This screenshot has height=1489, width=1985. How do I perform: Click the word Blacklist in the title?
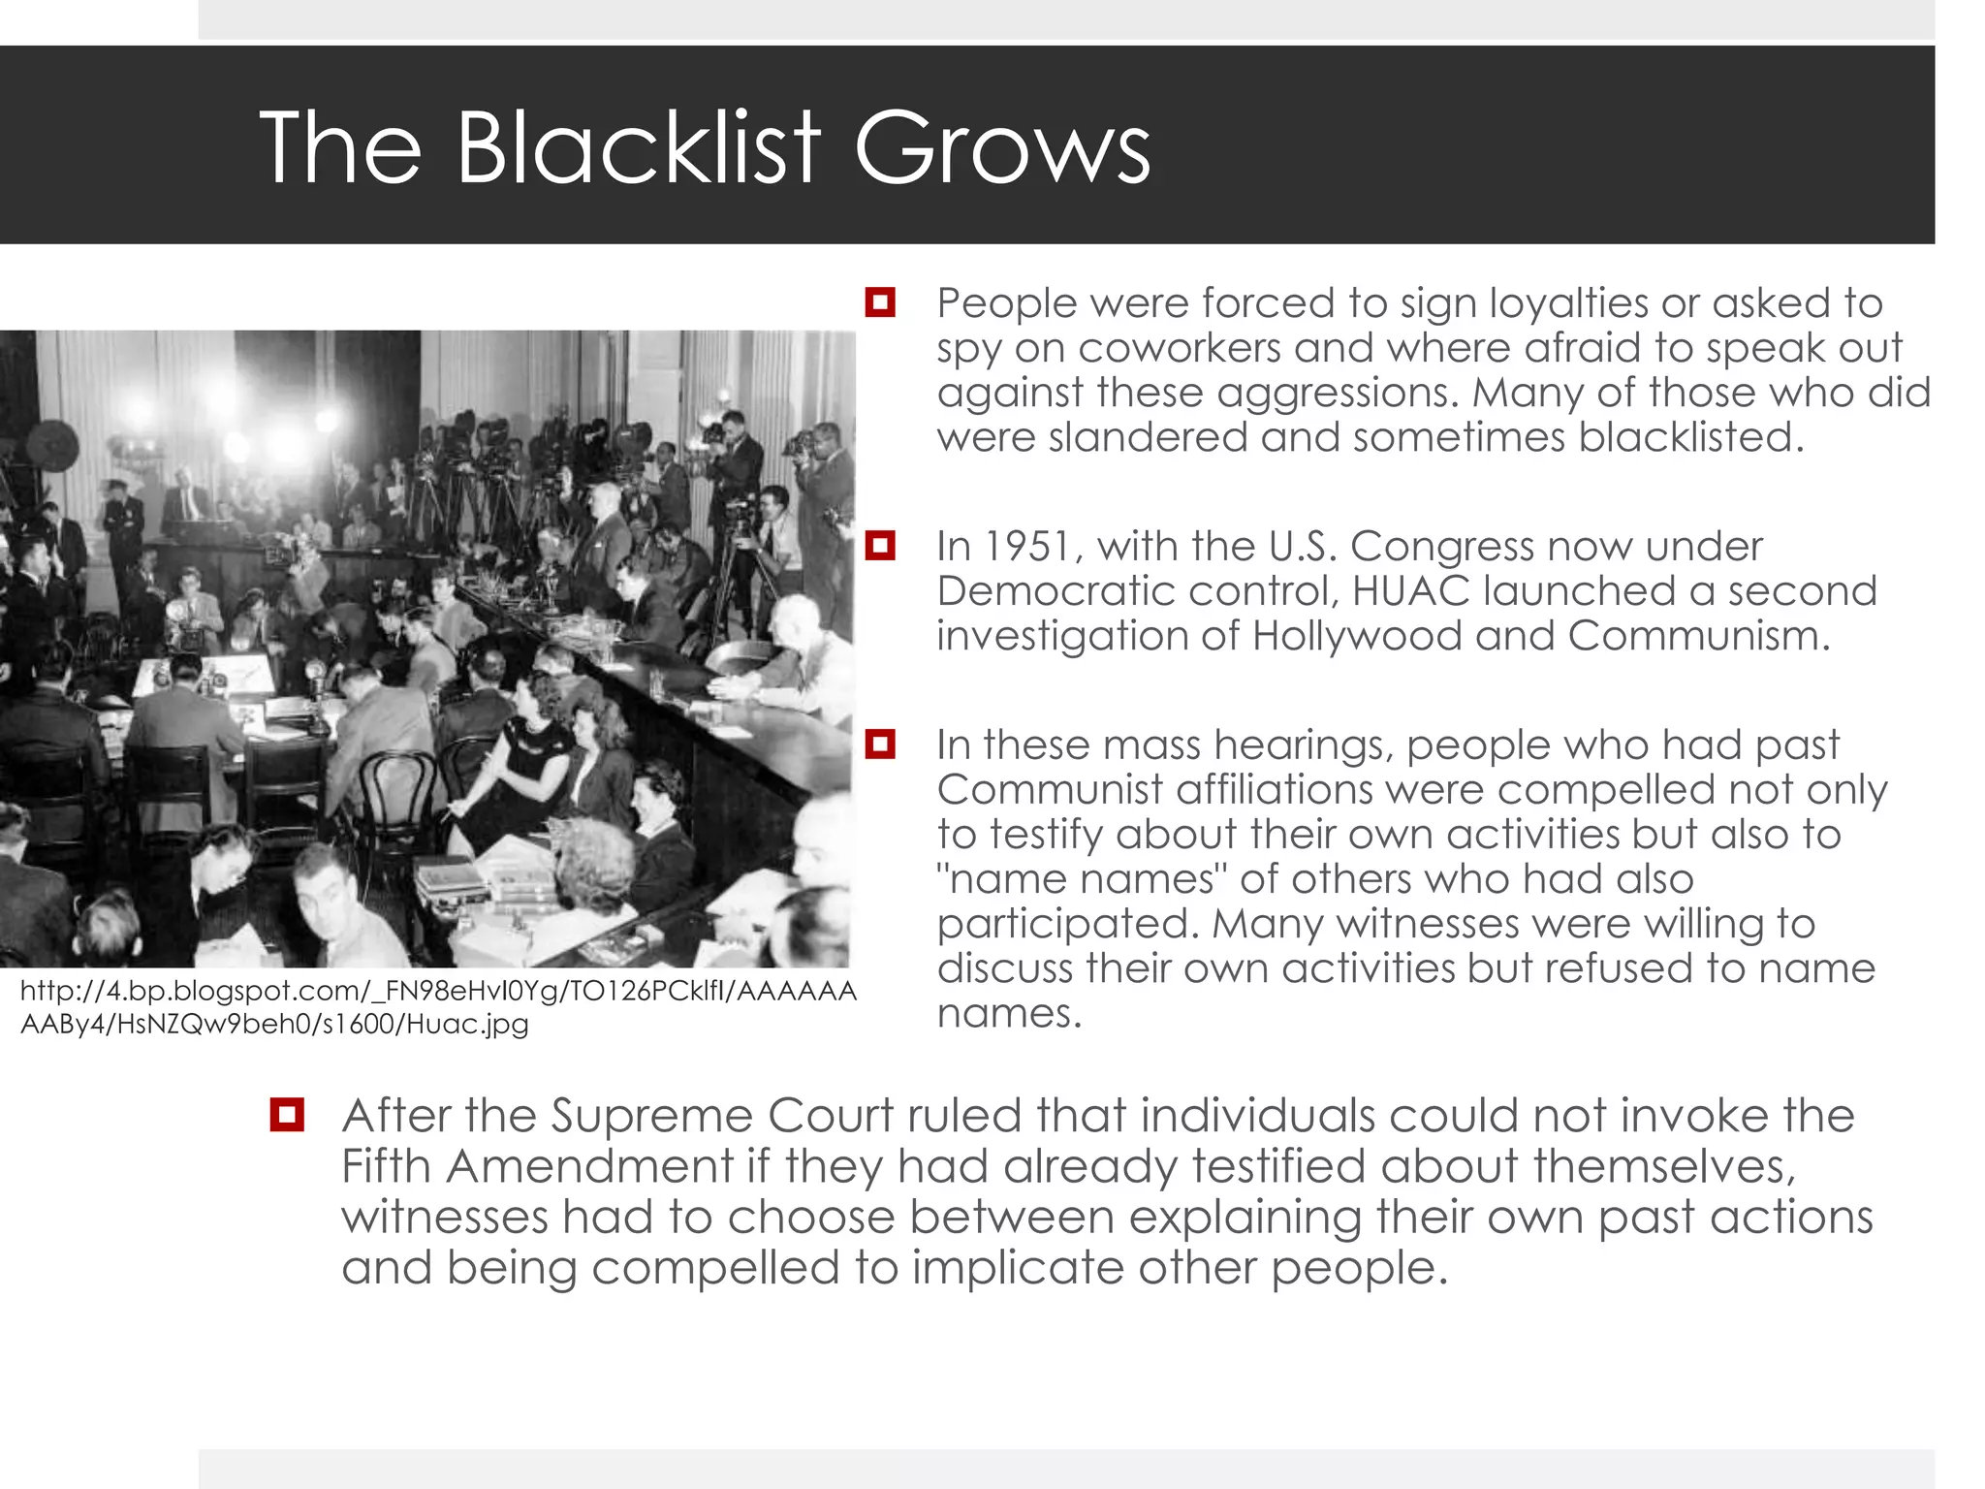point(639,147)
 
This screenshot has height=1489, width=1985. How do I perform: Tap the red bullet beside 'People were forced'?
point(880,302)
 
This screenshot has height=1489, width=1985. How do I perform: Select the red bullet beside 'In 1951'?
point(880,546)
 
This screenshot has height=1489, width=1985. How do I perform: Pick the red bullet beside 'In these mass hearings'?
point(880,744)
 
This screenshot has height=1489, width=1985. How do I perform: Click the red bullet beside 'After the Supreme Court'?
point(288,1115)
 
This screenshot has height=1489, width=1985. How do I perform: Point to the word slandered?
point(1144,437)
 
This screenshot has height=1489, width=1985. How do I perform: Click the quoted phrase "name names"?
point(1081,879)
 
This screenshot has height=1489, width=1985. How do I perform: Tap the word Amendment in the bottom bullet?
point(588,1166)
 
